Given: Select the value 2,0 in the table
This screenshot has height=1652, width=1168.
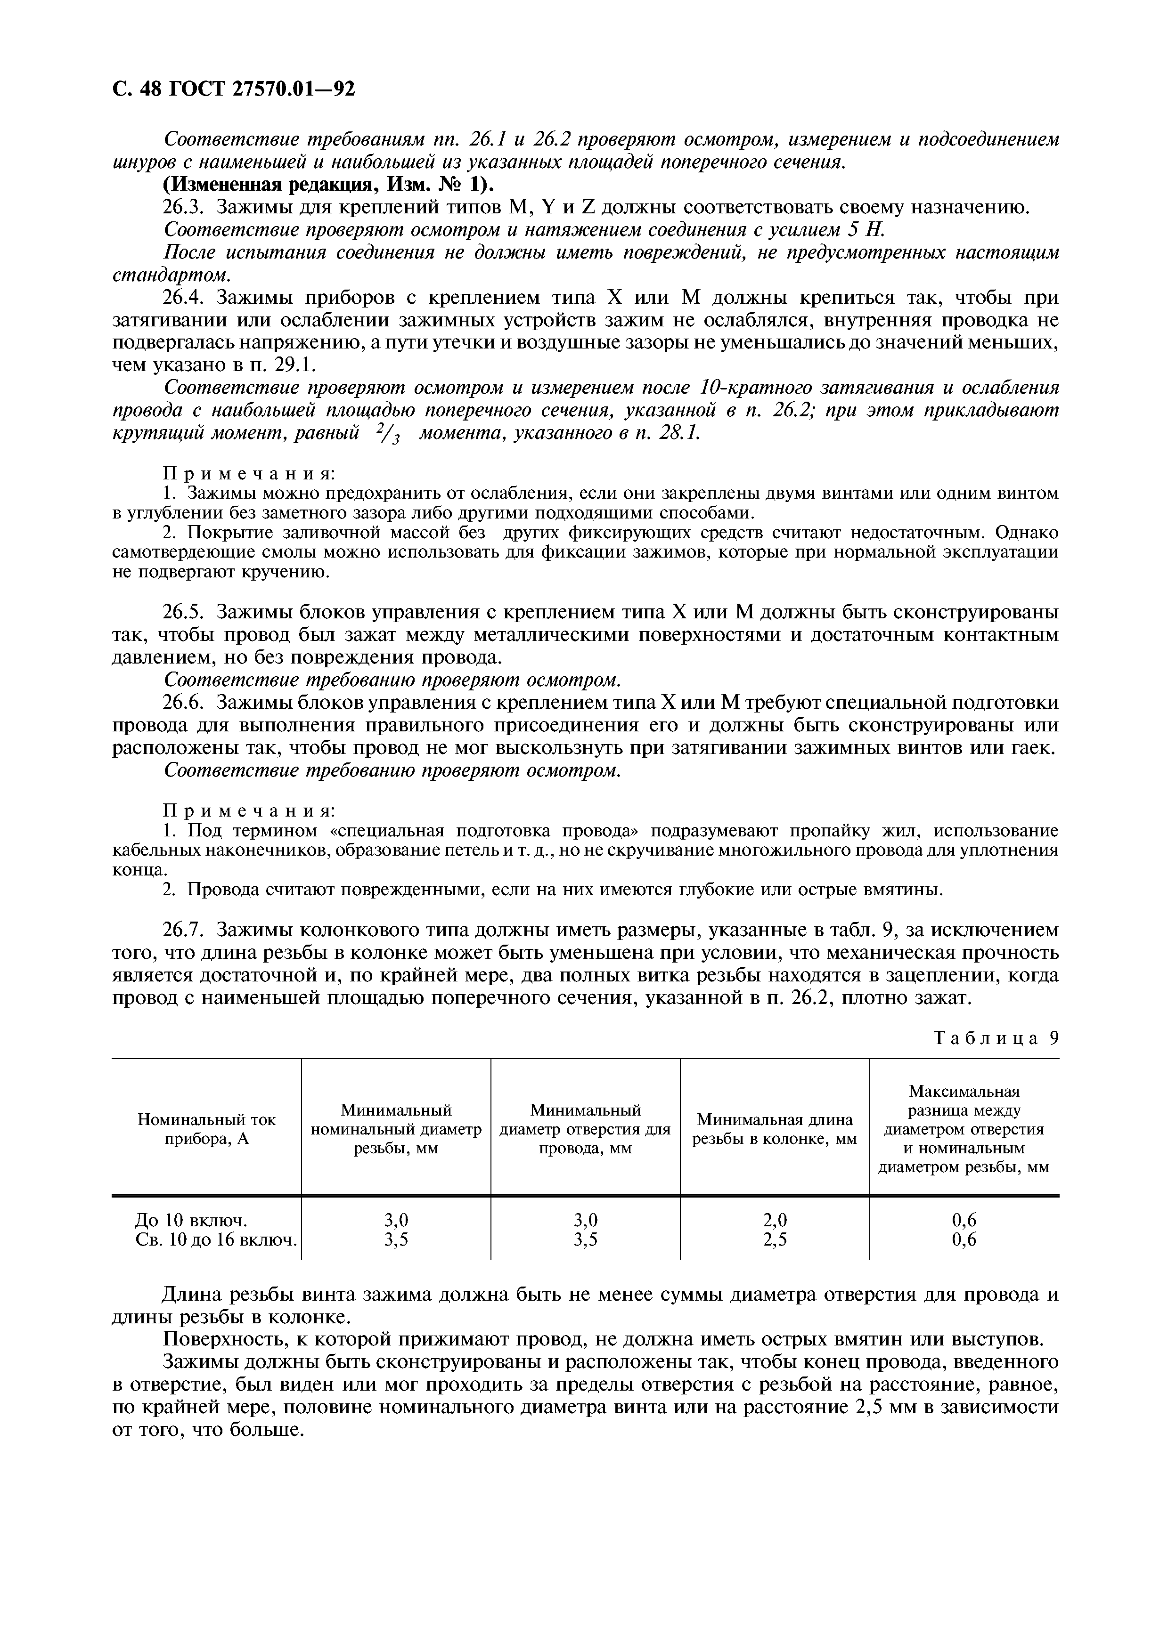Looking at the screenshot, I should pyautogui.click(x=775, y=1220).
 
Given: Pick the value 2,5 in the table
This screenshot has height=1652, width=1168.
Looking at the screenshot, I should pyautogui.click(x=775, y=1240).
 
